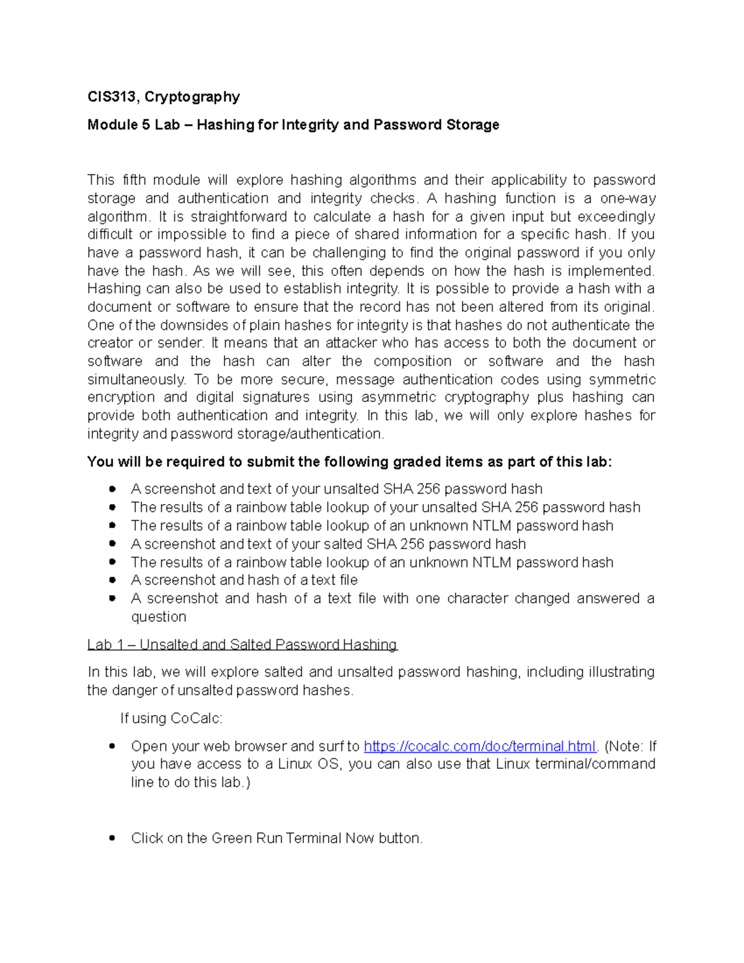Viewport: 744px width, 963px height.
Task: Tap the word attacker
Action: click(351, 344)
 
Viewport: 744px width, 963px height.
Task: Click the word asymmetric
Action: click(399, 397)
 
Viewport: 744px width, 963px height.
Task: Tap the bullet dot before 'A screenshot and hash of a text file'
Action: click(112, 580)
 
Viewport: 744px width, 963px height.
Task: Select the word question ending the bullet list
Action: click(158, 617)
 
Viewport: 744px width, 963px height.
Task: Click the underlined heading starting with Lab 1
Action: click(242, 645)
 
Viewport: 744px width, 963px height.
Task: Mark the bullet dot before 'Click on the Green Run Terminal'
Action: click(112, 838)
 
